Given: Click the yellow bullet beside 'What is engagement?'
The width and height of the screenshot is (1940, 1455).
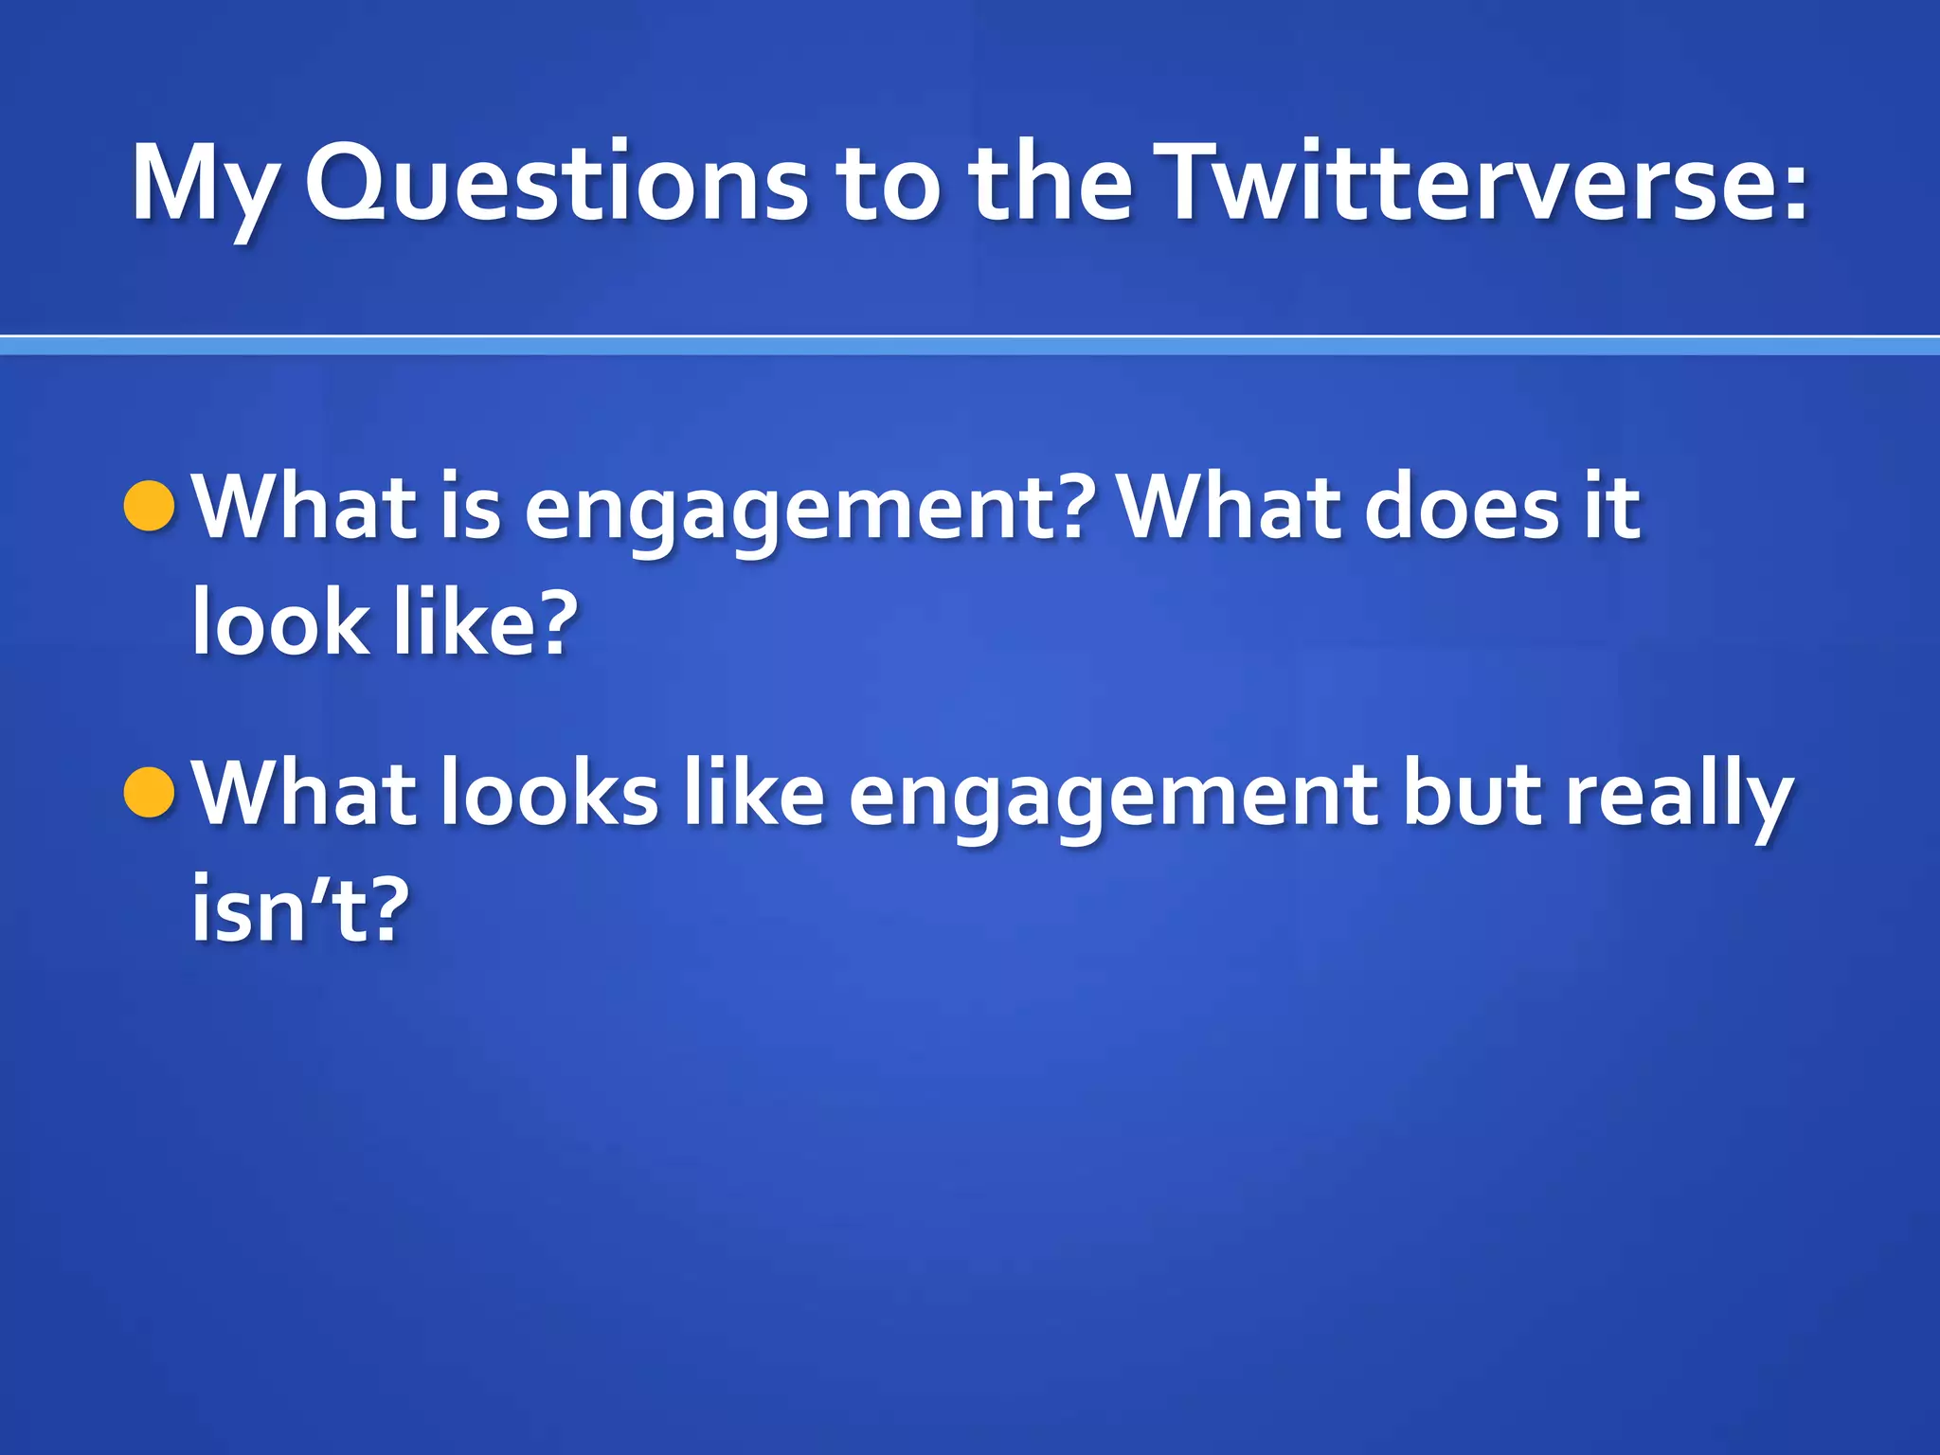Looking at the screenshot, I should (x=150, y=506).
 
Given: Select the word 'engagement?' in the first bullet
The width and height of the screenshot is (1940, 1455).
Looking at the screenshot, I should (x=810, y=512).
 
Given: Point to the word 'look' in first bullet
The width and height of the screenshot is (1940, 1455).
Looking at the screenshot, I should (x=280, y=622).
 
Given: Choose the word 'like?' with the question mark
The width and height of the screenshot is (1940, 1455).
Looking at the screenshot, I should (x=484, y=622).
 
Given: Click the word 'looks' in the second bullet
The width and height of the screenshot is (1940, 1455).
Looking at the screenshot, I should (x=548, y=794).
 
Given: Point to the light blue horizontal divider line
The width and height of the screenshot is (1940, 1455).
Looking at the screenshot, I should (x=970, y=347).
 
